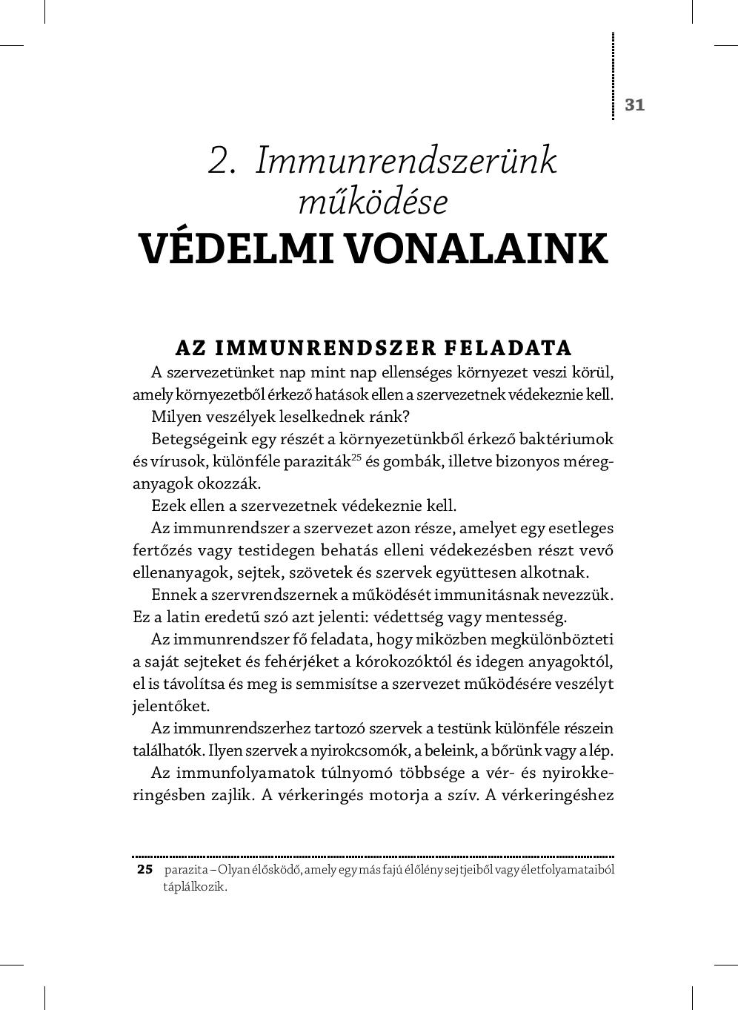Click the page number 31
coord(634,105)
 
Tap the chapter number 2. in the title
coord(222,161)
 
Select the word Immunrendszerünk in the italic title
coord(405,161)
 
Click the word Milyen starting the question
coord(172,417)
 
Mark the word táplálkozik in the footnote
coord(194,887)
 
